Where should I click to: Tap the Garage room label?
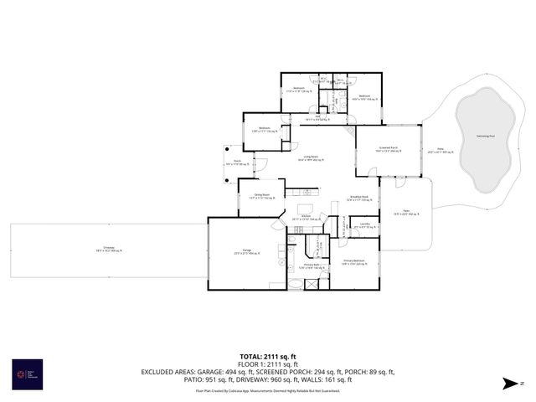click(246, 250)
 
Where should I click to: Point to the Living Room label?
click(313, 157)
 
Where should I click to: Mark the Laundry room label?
click(364, 225)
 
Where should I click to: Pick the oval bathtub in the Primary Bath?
click(296, 284)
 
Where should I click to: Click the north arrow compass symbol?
click(510, 384)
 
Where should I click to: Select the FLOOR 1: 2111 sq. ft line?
click(267, 364)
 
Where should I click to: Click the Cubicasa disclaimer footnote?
click(267, 390)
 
